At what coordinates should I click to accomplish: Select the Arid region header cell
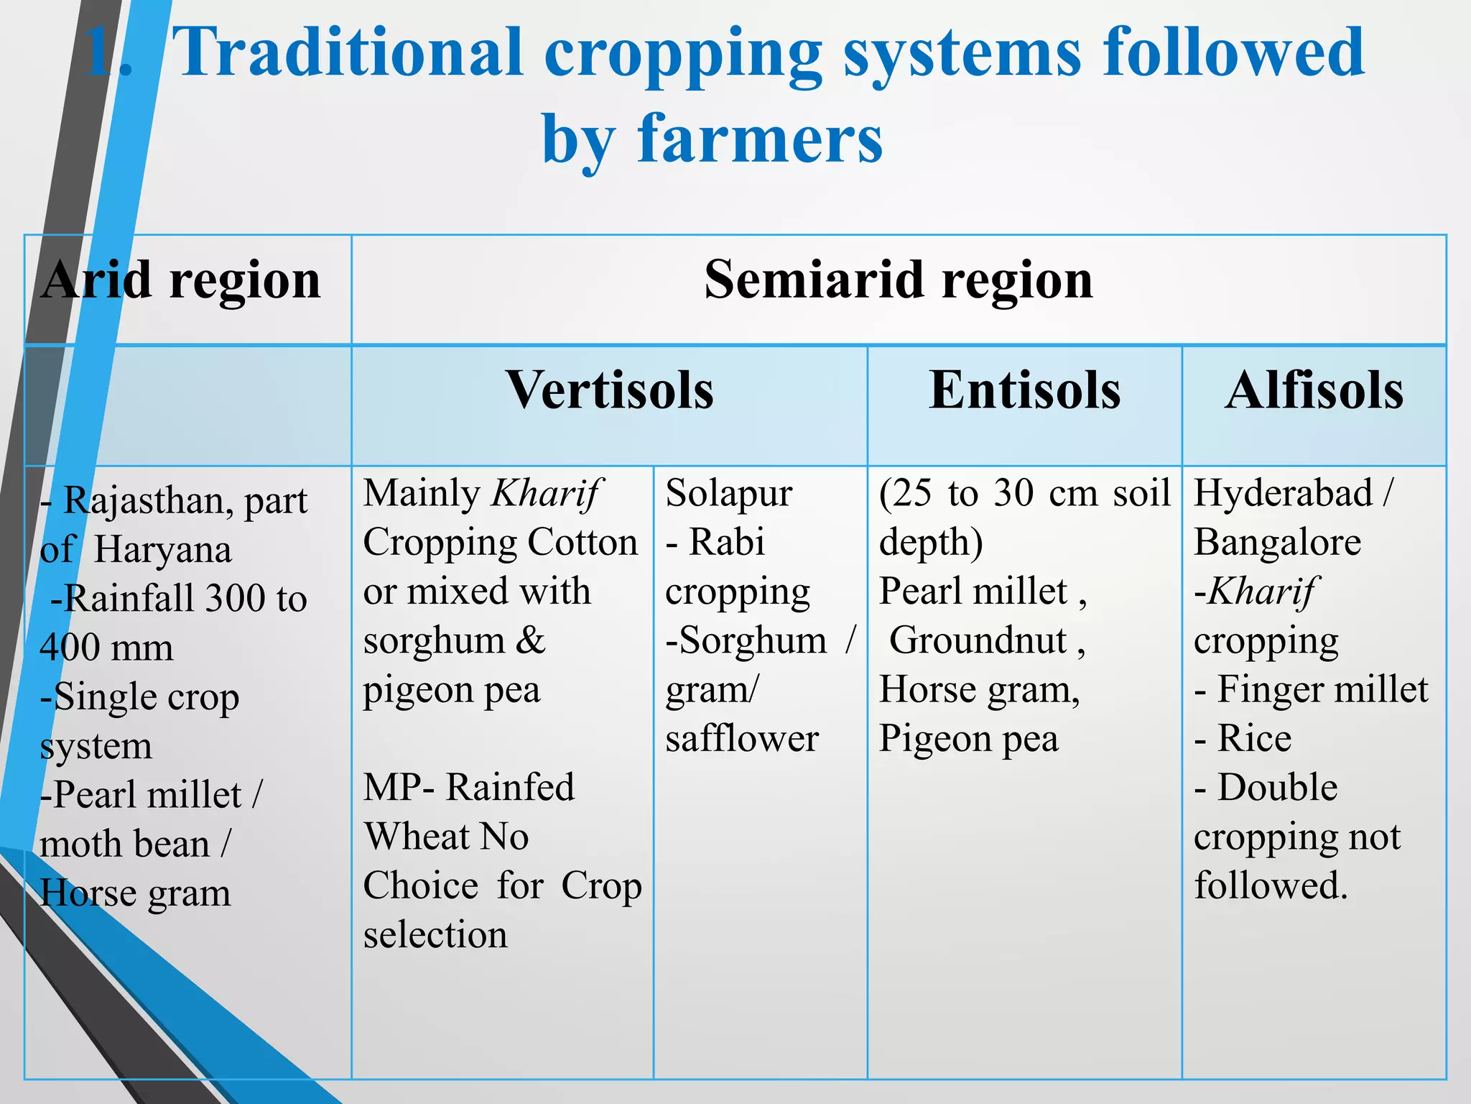pos(181,280)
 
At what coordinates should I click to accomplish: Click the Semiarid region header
pos(898,280)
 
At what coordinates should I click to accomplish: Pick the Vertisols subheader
pos(609,391)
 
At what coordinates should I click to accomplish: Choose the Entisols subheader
pos(1024,391)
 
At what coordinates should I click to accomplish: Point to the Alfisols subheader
pos(1314,391)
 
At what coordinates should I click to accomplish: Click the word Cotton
pos(583,543)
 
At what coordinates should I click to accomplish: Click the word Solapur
pos(728,494)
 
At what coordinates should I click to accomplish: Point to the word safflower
pos(741,739)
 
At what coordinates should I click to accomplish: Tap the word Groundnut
pos(978,640)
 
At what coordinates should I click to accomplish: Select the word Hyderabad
pos(1283,494)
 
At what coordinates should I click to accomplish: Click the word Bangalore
pos(1277,543)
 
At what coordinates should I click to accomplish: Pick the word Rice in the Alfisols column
pos(1254,739)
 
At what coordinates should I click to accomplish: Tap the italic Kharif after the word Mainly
pos(547,494)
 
